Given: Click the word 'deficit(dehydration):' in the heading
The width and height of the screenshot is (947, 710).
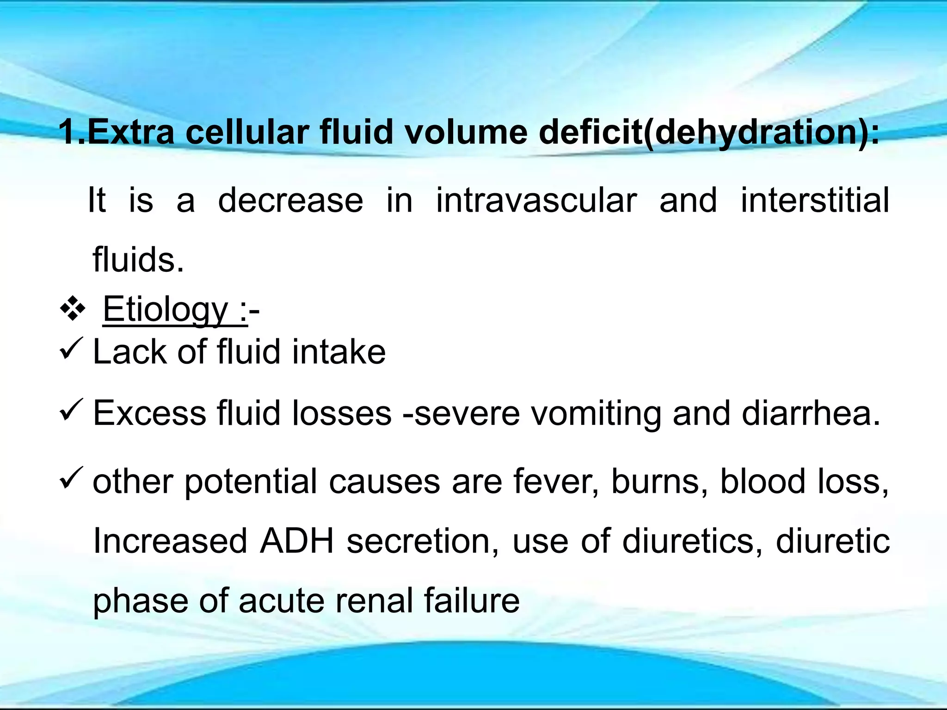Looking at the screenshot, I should click(x=709, y=133).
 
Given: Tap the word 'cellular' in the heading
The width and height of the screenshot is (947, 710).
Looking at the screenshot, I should click(x=247, y=133).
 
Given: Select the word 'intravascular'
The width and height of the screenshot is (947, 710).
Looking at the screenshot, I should click(x=536, y=201).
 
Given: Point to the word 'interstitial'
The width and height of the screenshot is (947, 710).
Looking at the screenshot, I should click(x=815, y=201).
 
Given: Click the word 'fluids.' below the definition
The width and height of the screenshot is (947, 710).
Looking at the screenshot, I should click(x=138, y=259).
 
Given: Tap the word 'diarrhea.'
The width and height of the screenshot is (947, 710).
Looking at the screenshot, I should click(x=811, y=413).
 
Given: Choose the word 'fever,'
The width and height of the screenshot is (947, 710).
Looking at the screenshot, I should click(x=556, y=482).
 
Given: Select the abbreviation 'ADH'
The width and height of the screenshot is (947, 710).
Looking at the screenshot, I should click(x=297, y=541).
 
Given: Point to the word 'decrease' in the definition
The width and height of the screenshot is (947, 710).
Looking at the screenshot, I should click(x=290, y=201).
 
